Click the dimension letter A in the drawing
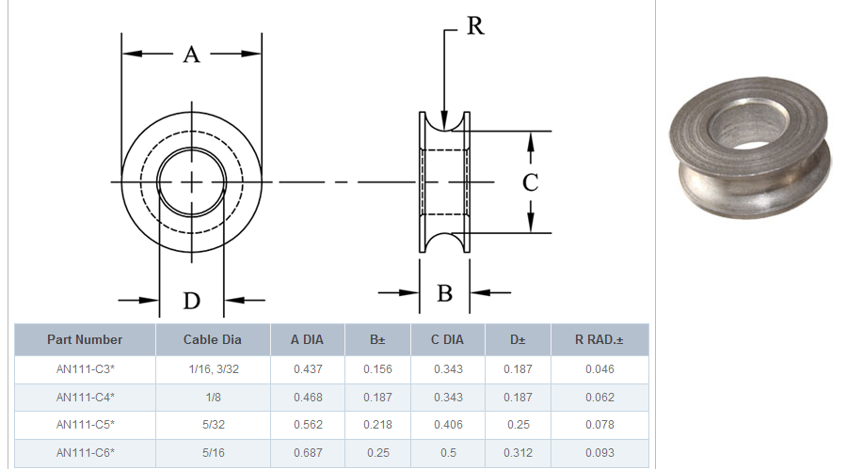[192, 55]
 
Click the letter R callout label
[475, 25]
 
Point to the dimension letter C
[531, 182]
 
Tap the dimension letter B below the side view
[444, 293]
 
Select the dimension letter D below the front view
[192, 301]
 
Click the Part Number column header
[85, 339]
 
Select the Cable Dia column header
[213, 339]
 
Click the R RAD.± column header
[599, 339]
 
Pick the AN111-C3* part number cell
[86, 369]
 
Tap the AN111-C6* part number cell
[86, 453]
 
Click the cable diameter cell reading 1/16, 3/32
[214, 369]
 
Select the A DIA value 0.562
[308, 425]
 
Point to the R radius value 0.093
[599, 453]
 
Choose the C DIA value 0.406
[448, 425]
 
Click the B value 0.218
[377, 425]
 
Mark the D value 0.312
[518, 453]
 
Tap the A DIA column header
[307, 339]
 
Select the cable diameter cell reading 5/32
[214, 425]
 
